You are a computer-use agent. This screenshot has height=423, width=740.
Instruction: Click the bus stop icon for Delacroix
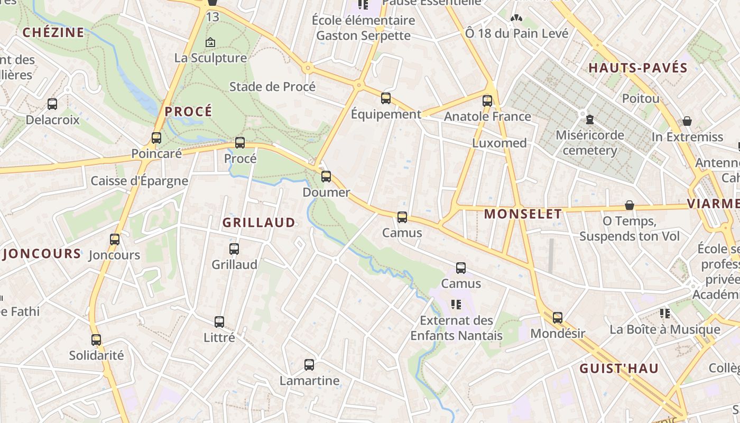(x=52, y=104)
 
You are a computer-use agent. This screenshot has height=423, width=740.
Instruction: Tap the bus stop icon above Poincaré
(x=156, y=138)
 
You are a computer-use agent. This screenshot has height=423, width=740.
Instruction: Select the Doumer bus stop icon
(x=326, y=177)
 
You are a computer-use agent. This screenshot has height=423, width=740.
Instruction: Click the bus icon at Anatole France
(x=487, y=100)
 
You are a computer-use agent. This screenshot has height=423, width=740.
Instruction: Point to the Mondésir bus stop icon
(x=558, y=318)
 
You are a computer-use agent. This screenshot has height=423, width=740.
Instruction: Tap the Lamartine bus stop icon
(x=309, y=365)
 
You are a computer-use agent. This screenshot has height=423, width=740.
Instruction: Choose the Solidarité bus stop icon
(x=96, y=339)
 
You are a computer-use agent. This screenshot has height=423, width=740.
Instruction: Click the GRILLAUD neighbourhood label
(x=258, y=223)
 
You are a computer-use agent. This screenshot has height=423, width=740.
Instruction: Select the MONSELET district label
(x=523, y=214)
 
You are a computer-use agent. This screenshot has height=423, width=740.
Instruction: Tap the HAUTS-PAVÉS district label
(x=637, y=68)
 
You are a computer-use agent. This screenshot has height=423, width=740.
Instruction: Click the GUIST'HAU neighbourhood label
(x=618, y=369)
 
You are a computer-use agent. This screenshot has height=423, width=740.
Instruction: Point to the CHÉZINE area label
(x=53, y=33)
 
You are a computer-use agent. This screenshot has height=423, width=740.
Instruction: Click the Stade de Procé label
(x=272, y=87)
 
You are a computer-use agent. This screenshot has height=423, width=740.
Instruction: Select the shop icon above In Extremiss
(x=687, y=121)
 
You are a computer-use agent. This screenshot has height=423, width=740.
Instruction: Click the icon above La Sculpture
(x=210, y=42)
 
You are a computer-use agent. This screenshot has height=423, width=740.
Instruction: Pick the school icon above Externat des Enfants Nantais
(x=456, y=304)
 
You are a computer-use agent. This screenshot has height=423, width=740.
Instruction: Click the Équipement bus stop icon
(x=386, y=98)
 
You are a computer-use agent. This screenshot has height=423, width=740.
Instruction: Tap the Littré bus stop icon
(x=219, y=321)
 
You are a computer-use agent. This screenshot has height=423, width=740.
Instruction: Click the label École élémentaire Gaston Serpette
(x=363, y=28)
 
